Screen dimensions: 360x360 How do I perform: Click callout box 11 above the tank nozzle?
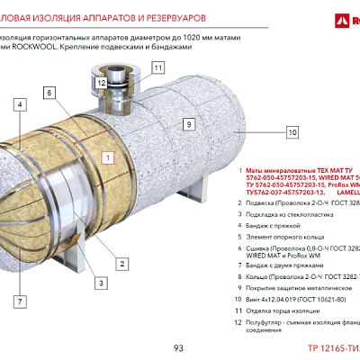coord(158,67)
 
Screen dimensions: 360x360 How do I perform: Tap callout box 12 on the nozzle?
coord(102,83)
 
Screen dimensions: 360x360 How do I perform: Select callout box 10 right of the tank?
coord(292,132)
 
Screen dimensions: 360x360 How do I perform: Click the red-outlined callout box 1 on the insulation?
coord(107,157)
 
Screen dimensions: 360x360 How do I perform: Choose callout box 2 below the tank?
coord(121,263)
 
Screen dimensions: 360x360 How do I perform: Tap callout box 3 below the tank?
coord(102,283)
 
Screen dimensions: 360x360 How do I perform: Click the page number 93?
coord(178,347)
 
